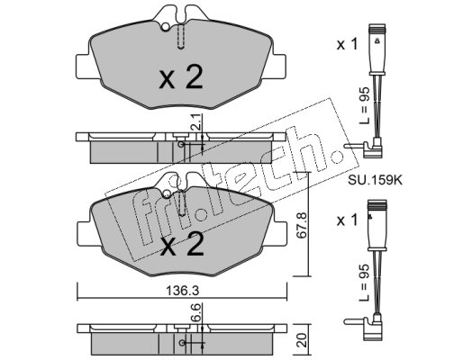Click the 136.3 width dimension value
coord(182,290)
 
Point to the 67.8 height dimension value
coord(301,225)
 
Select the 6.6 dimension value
coord(195,313)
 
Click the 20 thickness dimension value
coord(303,339)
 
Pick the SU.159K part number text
coord(375,180)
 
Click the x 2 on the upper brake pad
coord(181,77)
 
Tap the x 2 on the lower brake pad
coord(182,244)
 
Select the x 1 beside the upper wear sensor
coord(347,45)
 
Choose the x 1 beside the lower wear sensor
coord(347,220)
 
